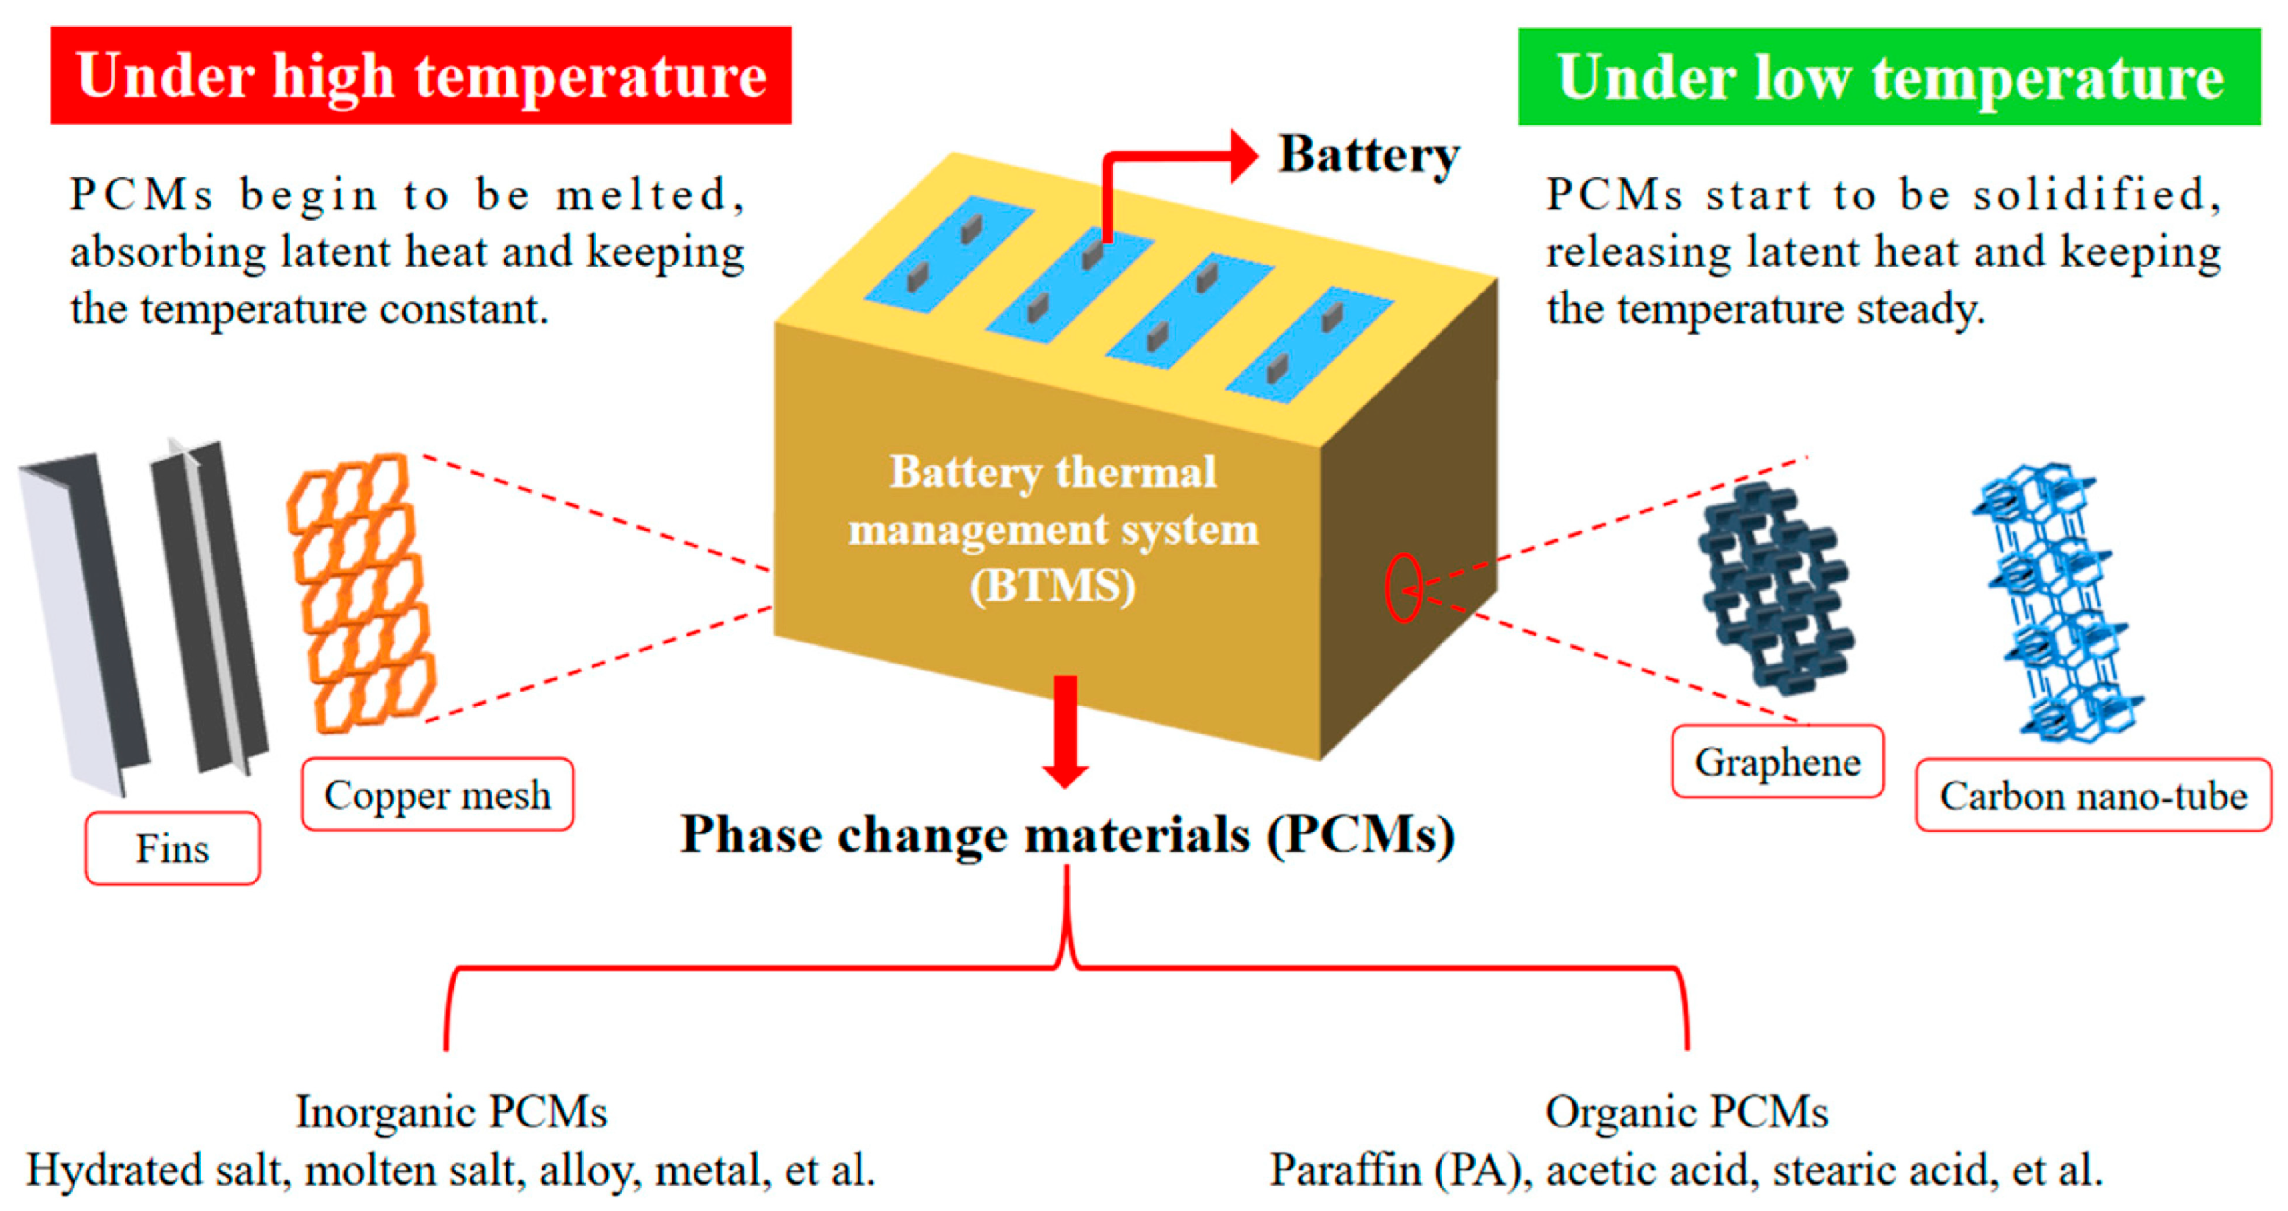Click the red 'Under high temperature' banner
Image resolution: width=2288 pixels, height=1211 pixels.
[x=420, y=75]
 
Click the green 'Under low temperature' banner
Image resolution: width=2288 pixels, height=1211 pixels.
[x=1889, y=77]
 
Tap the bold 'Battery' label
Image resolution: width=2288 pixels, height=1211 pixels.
[x=1369, y=155]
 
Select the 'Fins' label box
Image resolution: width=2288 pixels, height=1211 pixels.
[x=173, y=848]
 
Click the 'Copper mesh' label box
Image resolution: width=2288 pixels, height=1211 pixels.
[x=437, y=795]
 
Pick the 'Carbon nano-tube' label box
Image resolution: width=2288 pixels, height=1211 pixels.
[x=2093, y=796]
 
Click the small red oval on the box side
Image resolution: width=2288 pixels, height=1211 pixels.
[x=1403, y=589]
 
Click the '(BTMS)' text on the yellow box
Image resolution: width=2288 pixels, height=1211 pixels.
[x=1053, y=587]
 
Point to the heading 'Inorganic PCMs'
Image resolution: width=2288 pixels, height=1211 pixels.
[x=451, y=1112]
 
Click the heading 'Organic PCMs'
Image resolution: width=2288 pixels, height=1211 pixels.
[x=1687, y=1112]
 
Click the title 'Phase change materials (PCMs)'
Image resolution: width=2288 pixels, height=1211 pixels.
[x=1067, y=835]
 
